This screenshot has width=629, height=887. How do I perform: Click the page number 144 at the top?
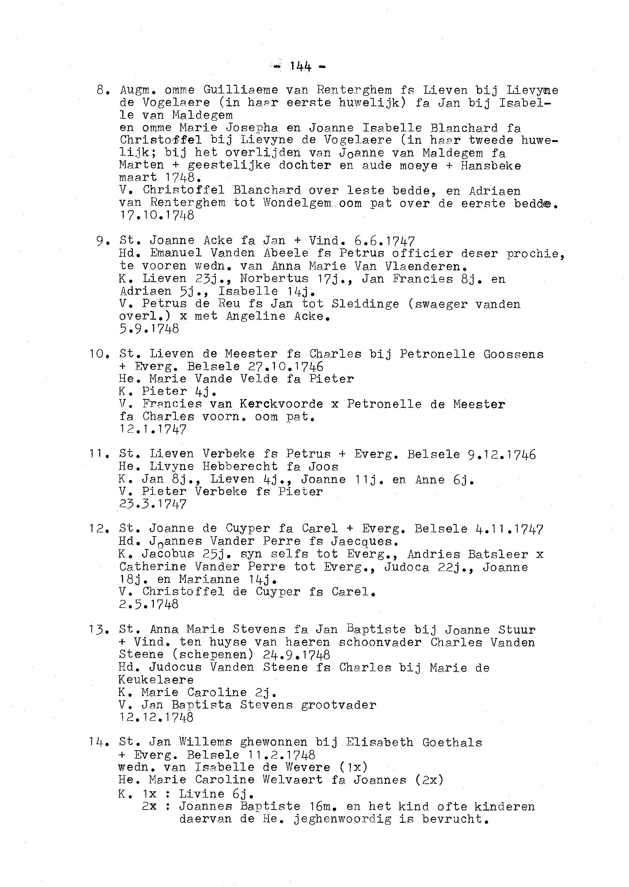[300, 66]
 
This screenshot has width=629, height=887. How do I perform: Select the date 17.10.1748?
[156, 215]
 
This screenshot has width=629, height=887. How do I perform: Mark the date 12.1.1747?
[153, 429]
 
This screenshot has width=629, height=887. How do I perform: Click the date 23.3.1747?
[153, 504]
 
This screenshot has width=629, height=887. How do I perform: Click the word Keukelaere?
[156, 679]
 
